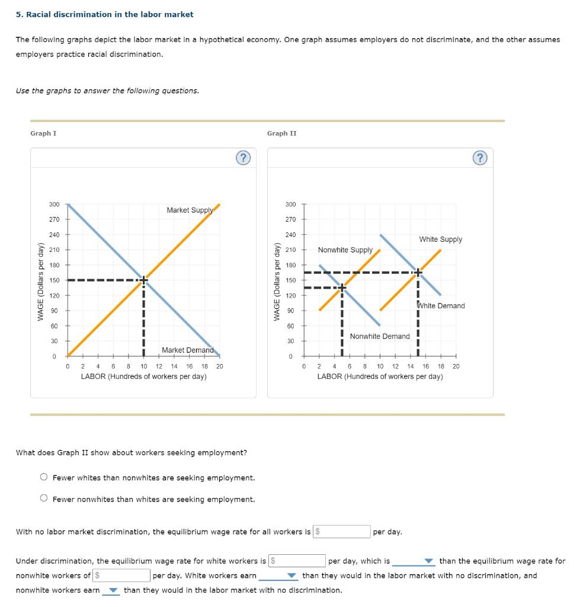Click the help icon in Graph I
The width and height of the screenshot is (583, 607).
click(242, 158)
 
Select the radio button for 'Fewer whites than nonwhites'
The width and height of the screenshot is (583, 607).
click(44, 477)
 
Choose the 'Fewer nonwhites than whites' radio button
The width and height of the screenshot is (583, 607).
click(44, 499)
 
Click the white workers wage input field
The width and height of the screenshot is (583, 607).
click(297, 561)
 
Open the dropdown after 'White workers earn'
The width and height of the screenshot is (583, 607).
click(277, 576)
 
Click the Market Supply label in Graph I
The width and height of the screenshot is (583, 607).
click(190, 210)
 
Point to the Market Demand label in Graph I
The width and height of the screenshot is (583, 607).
click(187, 350)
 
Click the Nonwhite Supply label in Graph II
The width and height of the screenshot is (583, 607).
click(345, 250)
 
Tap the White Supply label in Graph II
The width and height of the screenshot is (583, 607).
click(440, 239)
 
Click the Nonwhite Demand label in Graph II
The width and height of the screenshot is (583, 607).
click(379, 336)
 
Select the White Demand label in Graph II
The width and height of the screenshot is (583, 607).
click(442, 306)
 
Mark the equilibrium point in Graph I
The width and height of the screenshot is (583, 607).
click(143, 280)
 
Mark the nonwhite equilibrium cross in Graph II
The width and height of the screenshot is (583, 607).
click(342, 288)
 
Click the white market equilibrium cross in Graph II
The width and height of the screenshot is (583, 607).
click(418, 273)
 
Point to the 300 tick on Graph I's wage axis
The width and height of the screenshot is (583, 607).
click(54, 205)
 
